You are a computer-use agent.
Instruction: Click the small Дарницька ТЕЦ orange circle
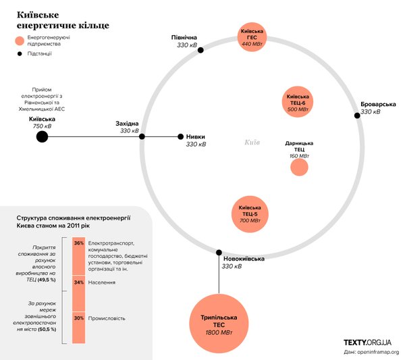point(299,167)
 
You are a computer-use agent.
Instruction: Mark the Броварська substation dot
point(358,115)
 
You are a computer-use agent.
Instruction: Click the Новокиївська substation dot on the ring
point(219,253)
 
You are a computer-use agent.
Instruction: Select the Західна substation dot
point(142,136)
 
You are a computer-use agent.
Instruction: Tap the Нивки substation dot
point(180,136)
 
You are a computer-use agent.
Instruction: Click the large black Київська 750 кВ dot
point(42,137)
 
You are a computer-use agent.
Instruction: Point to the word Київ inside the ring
point(252,143)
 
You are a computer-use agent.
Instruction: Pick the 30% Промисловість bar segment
point(79,327)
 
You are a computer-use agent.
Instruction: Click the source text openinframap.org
point(379,352)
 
